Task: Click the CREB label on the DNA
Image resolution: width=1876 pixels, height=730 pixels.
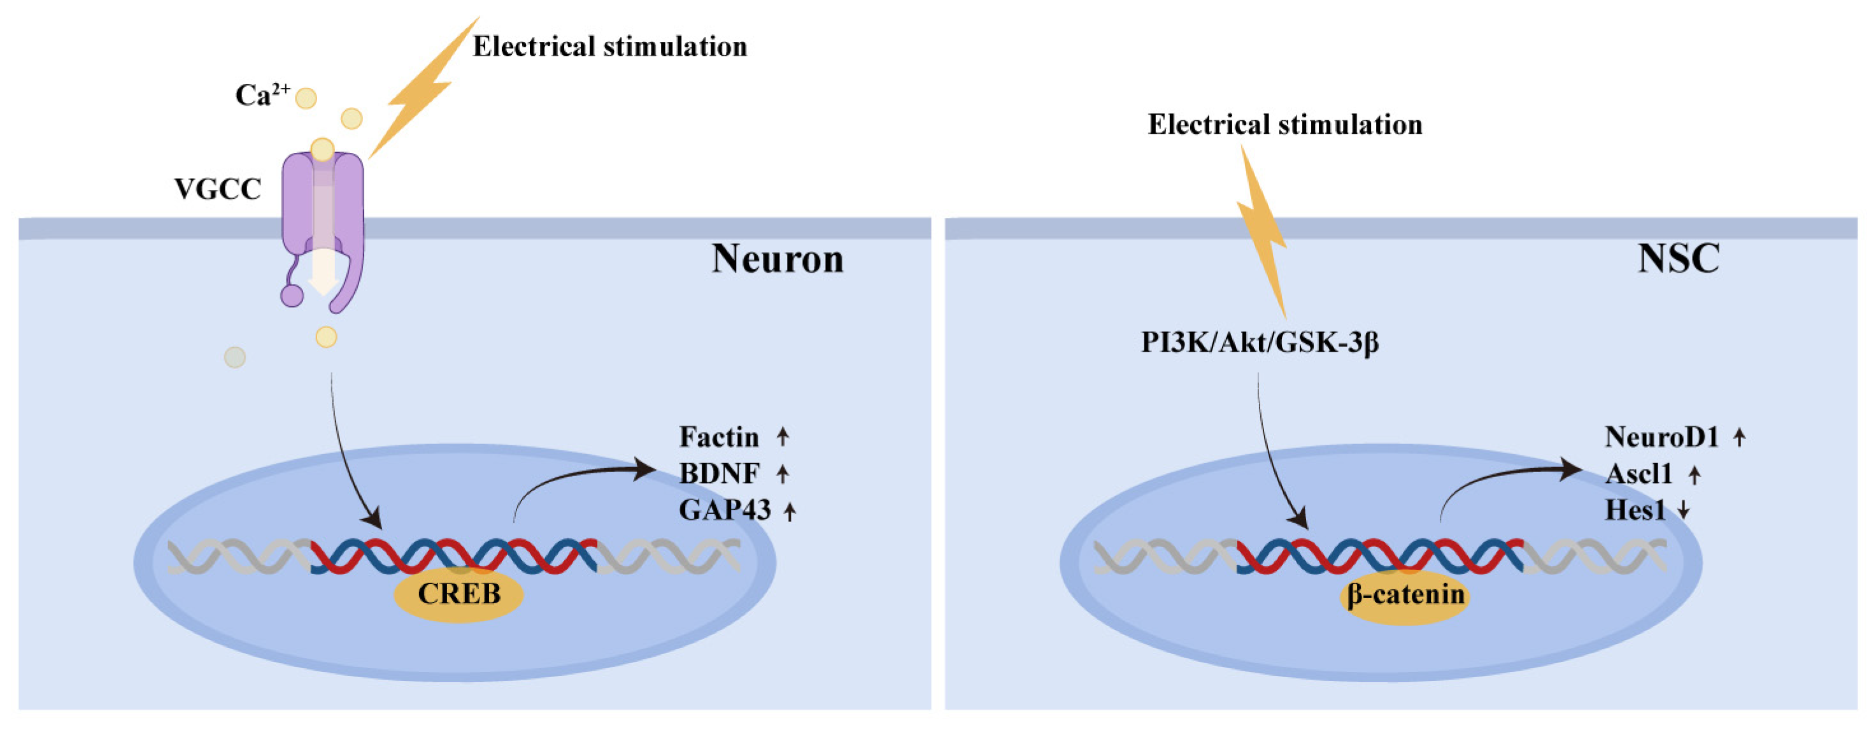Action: coord(458,594)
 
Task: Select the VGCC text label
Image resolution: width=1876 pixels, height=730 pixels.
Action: coord(218,189)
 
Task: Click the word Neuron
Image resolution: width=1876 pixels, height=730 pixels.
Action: coord(778,259)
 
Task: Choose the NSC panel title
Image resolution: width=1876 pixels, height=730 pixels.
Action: coord(1679,259)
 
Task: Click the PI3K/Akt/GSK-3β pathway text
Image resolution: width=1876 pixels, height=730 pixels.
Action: coord(1260,343)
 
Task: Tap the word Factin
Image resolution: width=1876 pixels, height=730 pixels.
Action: coord(719,437)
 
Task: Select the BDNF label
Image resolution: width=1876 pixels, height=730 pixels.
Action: coord(720,473)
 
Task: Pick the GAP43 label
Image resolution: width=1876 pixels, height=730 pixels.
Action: coord(725,510)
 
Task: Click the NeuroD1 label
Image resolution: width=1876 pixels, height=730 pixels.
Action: coord(1662,437)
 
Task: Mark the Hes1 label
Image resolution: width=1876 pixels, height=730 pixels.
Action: coord(1635,511)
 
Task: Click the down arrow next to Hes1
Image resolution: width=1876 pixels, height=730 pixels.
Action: coord(1684,511)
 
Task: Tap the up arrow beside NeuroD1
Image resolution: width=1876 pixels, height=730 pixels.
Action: coord(1739,437)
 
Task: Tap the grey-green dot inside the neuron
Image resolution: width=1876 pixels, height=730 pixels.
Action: coord(234,357)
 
